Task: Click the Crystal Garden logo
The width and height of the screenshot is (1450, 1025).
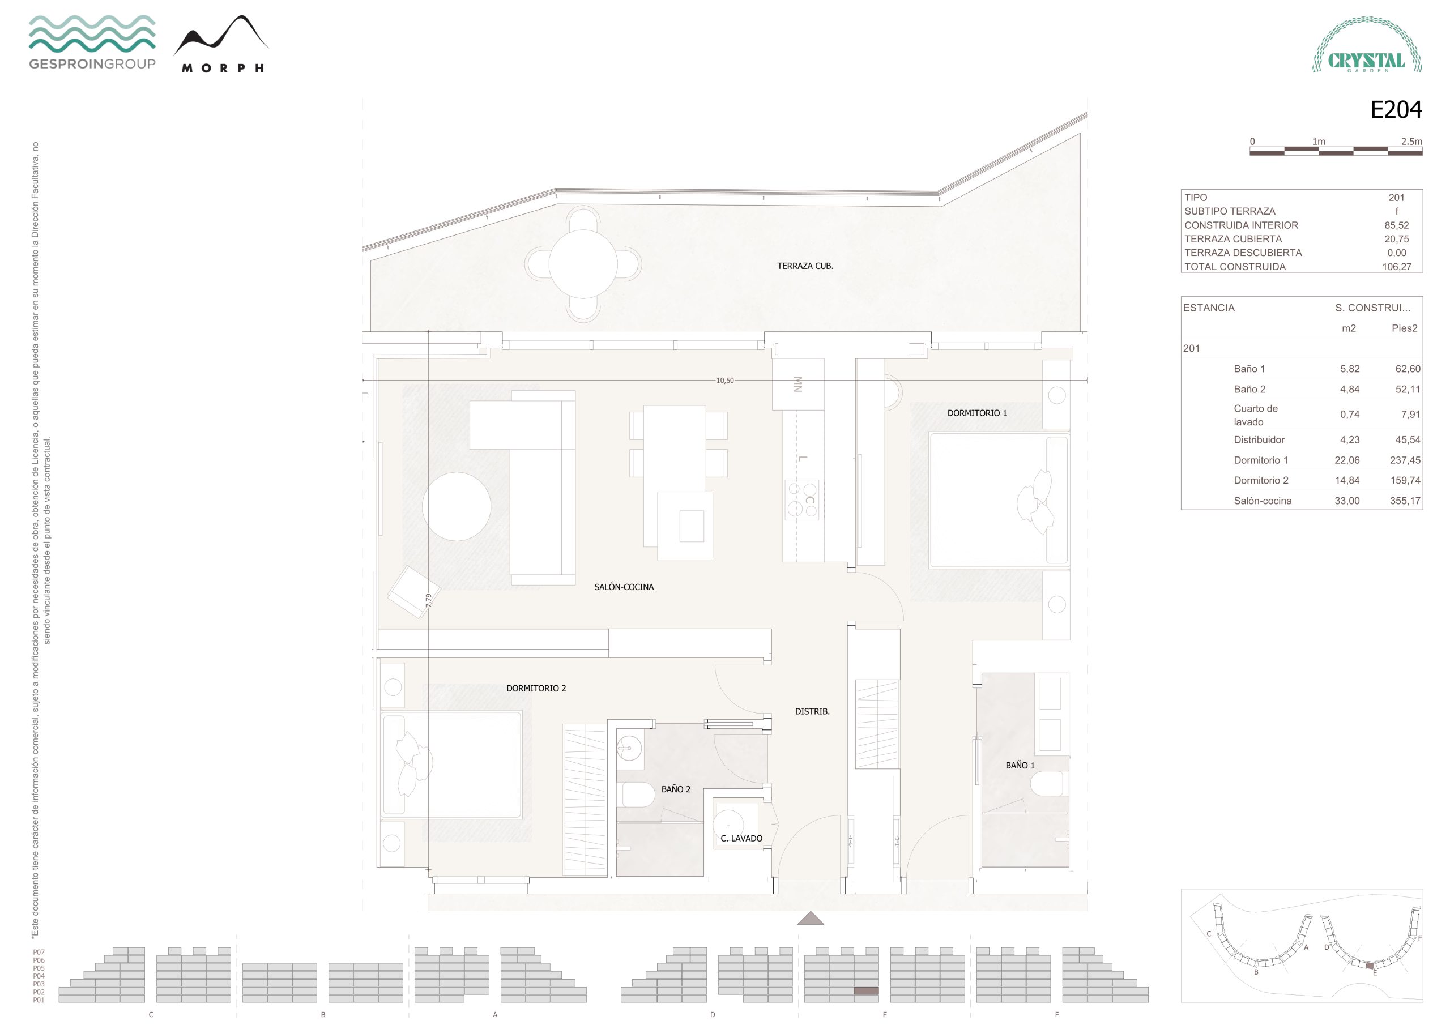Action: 1367,45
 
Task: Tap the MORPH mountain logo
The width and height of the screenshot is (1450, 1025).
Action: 221,44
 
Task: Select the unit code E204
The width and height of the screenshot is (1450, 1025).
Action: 1396,110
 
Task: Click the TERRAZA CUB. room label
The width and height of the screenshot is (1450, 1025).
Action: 804,266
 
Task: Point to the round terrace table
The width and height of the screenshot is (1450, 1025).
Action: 583,264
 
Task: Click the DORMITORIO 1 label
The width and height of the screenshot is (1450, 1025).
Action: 977,413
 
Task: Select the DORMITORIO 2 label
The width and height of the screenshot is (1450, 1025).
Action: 536,689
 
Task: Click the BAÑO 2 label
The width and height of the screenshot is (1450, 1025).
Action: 676,789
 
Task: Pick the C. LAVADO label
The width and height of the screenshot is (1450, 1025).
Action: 741,839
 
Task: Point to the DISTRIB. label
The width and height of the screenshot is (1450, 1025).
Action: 812,712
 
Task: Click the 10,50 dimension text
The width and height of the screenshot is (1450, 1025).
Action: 725,381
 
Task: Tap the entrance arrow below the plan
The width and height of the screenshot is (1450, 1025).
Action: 811,919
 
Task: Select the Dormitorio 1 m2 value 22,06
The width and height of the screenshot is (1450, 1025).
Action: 1346,460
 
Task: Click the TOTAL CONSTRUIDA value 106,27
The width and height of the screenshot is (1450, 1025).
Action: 1396,267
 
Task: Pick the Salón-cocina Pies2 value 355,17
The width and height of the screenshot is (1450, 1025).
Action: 1405,501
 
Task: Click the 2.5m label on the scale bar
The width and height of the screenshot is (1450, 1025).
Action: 1411,142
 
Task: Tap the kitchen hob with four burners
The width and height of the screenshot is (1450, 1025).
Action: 802,499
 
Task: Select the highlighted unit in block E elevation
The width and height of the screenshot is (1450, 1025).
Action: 866,992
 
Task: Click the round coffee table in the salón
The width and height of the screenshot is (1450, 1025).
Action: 457,506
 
